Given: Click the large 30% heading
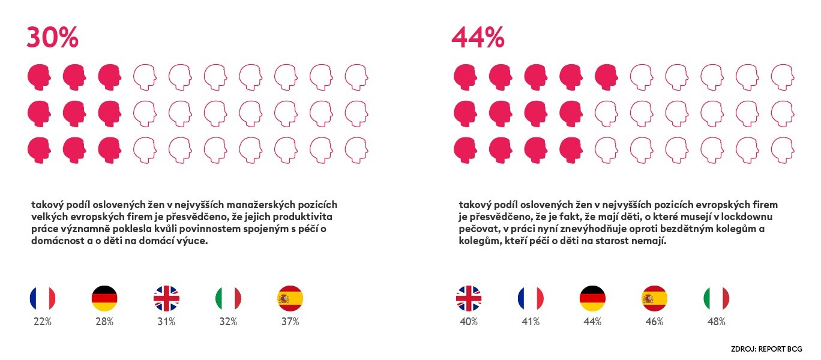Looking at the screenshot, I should (52, 38).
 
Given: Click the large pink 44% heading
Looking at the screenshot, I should (478, 38).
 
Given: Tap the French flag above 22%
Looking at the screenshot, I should (43, 298).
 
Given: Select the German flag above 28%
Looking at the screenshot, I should (104, 298).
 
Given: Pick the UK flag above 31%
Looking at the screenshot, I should (166, 298).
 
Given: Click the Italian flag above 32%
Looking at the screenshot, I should (228, 298).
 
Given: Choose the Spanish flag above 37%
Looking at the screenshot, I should (290, 298).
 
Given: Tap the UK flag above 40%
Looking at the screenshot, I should (469, 298).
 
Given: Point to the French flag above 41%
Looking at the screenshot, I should (531, 298).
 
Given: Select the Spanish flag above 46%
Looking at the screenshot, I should (654, 298).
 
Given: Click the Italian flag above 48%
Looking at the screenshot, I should (716, 298).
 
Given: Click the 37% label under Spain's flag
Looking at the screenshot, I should (290, 322).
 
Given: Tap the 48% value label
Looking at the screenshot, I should (716, 322).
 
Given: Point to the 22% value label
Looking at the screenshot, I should (43, 322).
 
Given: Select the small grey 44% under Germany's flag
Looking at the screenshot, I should (592, 322).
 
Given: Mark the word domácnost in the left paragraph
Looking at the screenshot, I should (52, 241).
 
